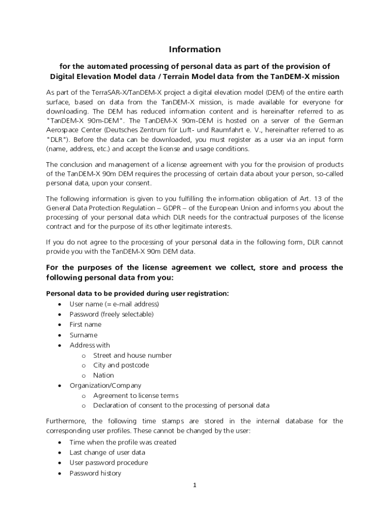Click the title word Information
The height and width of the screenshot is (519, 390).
pyautogui.click(x=194, y=49)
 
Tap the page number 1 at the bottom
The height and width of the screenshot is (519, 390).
pyautogui.click(x=194, y=485)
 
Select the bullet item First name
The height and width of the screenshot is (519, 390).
pyautogui.click(x=85, y=324)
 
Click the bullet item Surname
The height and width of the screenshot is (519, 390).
pyautogui.click(x=83, y=335)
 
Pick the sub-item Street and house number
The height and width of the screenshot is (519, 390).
pyautogui.click(x=132, y=355)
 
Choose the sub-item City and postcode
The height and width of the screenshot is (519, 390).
pyautogui.click(x=121, y=365)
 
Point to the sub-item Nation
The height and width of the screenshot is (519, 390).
pyautogui.click(x=103, y=376)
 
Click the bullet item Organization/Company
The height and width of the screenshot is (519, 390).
pyautogui.click(x=105, y=386)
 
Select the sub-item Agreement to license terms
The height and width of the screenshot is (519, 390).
pyautogui.click(x=136, y=395)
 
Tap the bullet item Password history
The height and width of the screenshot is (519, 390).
pyautogui.click(x=95, y=473)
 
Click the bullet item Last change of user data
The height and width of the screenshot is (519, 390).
pyautogui.click(x=107, y=453)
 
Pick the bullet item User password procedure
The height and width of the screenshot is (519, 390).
pyautogui.click(x=109, y=463)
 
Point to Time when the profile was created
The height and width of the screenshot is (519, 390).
pyautogui.click(x=123, y=442)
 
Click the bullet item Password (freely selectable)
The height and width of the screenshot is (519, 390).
pyautogui.click(x=111, y=314)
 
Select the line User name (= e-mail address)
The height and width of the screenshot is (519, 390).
pyautogui.click(x=114, y=304)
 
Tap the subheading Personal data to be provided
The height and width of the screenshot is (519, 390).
pyautogui.click(x=137, y=293)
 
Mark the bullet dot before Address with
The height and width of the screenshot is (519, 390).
pyautogui.click(x=60, y=346)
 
